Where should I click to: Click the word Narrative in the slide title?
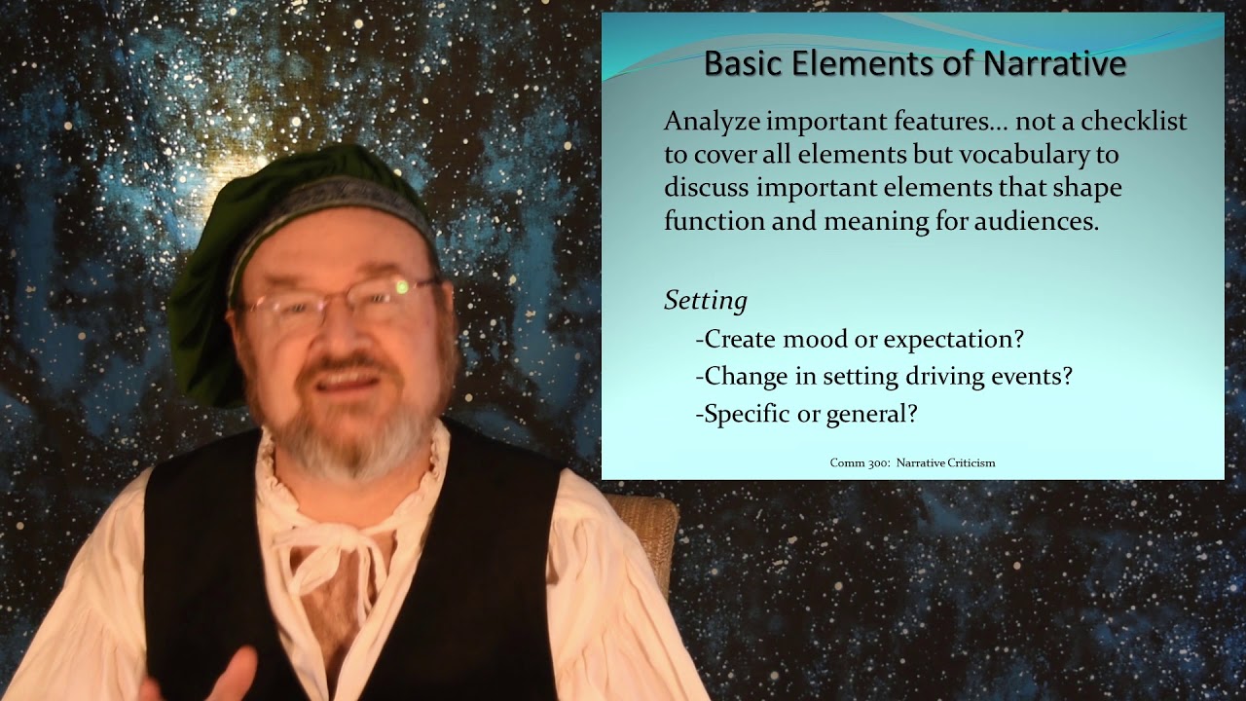[1054, 63]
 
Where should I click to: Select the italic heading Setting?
[706, 301]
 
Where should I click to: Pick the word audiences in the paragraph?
[1037, 221]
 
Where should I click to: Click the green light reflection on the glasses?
[402, 287]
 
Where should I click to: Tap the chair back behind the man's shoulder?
[648, 539]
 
